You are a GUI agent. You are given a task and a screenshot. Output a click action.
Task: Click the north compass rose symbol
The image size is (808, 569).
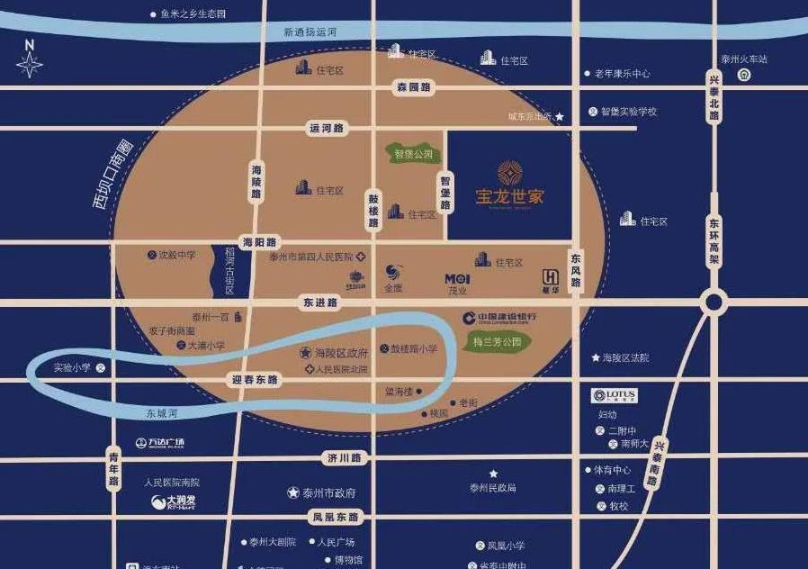[30, 63]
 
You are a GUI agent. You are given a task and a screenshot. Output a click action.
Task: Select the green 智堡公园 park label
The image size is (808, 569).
[413, 153]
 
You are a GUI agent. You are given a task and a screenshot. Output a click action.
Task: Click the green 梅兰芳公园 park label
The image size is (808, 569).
[498, 342]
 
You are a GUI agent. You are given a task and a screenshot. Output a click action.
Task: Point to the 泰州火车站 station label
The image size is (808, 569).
[744, 59]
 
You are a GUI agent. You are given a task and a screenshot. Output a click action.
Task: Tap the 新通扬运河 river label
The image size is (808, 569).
[310, 32]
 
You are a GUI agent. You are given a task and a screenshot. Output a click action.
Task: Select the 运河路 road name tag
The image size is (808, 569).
[327, 129]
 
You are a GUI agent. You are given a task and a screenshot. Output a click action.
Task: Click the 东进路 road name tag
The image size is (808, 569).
[320, 303]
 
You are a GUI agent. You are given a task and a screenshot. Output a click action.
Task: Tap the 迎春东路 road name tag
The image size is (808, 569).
[256, 380]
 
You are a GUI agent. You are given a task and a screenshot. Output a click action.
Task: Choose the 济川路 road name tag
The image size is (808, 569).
[344, 458]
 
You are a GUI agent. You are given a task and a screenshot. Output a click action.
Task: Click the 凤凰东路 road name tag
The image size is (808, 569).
[336, 518]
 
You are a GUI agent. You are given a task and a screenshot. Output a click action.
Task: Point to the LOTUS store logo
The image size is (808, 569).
[615, 395]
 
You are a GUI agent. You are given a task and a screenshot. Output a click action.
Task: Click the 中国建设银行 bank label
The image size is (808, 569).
[500, 317]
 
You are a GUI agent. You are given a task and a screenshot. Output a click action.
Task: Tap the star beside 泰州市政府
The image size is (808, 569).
[293, 492]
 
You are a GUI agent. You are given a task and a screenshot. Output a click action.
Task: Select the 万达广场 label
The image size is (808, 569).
[159, 442]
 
